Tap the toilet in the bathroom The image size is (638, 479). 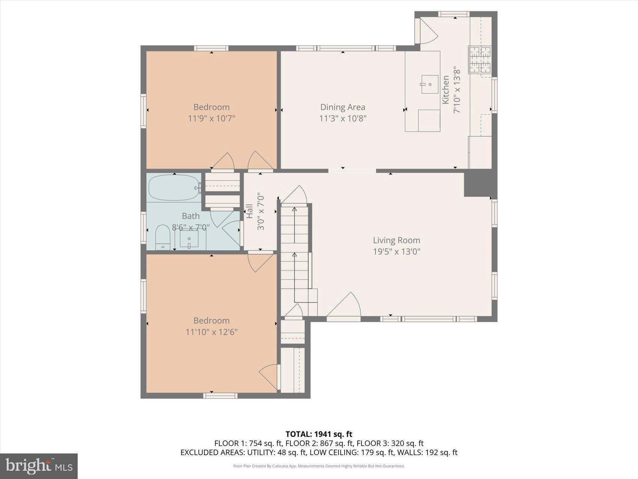point(163,237)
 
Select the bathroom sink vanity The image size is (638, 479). point(189,239)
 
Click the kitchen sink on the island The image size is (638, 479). point(429,84)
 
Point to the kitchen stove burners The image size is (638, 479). point(480,59)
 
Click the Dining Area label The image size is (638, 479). point(343,107)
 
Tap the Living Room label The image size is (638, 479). point(396,240)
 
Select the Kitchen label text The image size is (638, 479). point(445,90)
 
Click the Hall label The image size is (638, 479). point(249,211)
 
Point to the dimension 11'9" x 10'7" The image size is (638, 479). point(211,118)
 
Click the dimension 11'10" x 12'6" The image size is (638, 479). point(211,332)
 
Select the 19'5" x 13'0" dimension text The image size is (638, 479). point(396,251)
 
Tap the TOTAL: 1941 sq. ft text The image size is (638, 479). point(319,435)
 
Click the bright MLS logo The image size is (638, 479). point(39,466)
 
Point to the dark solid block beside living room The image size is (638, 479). point(478,183)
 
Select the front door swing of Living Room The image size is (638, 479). point(344,306)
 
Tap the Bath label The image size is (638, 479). point(191,216)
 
